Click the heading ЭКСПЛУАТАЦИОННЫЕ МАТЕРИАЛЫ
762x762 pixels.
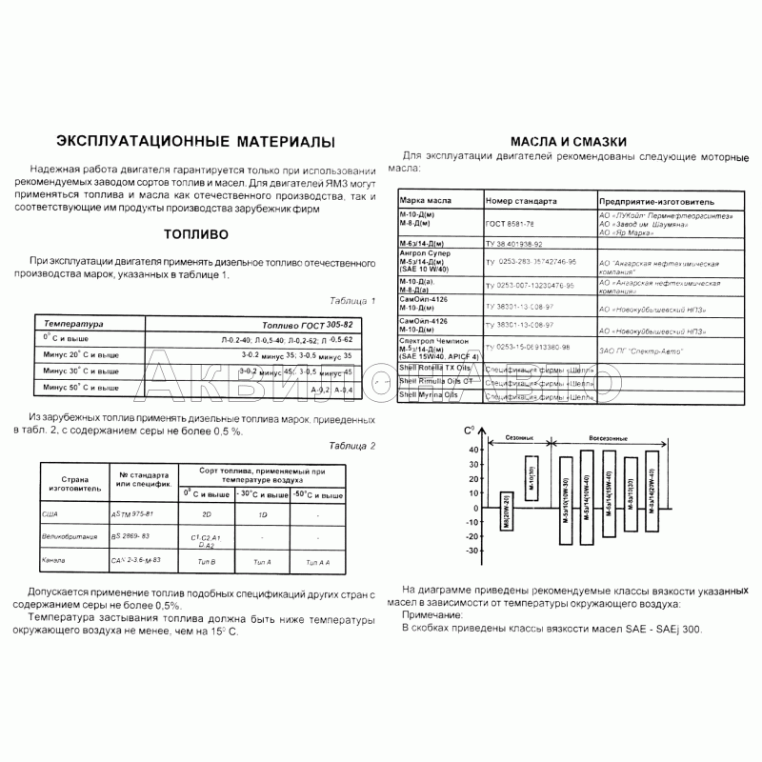click(197, 141)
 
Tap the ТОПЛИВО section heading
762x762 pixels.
click(194, 233)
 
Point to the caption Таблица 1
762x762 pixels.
click(351, 299)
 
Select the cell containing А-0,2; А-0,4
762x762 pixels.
click(331, 390)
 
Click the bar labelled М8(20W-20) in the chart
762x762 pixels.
click(506, 511)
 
